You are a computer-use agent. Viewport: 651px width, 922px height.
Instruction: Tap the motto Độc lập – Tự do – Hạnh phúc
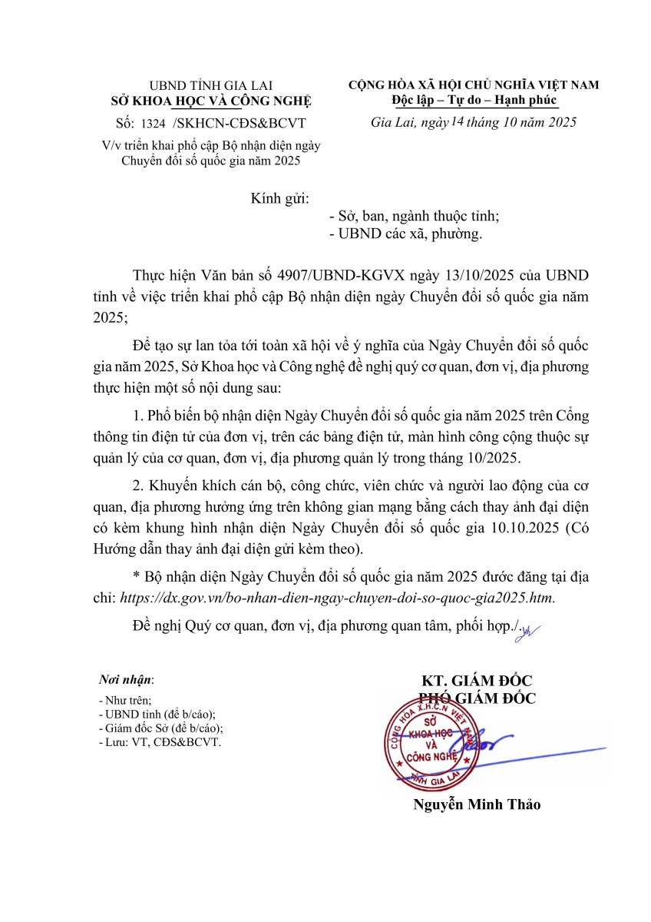(x=473, y=100)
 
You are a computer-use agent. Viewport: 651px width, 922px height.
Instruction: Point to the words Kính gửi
(x=279, y=198)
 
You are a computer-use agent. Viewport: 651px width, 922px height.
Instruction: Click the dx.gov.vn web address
(x=335, y=595)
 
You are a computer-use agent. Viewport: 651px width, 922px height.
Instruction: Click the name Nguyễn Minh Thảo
(x=477, y=804)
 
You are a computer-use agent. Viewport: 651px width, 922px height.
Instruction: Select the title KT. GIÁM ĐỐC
(x=477, y=682)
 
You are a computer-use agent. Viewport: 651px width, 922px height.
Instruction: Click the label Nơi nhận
(x=126, y=680)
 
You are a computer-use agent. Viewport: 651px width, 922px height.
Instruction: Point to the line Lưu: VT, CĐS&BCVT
(x=160, y=742)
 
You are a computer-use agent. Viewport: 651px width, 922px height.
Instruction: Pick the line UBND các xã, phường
(x=405, y=234)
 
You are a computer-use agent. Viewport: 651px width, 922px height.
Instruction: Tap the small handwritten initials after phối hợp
(x=527, y=632)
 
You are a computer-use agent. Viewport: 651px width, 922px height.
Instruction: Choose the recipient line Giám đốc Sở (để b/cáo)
(x=161, y=728)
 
